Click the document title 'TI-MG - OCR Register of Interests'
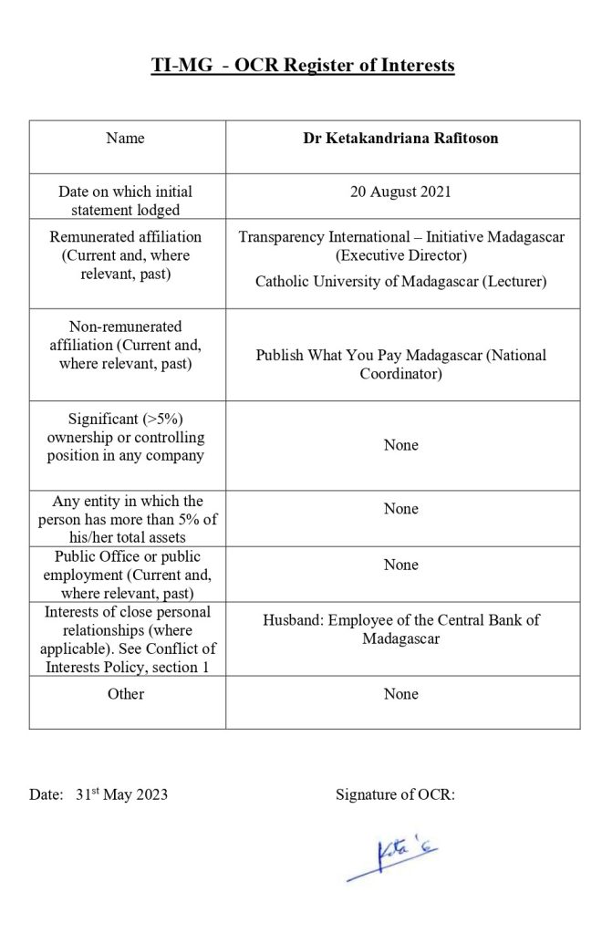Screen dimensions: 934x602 coord(302,66)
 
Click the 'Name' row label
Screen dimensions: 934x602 coord(125,139)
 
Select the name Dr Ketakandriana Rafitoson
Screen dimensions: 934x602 coord(401,139)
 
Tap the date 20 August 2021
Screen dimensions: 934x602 coord(400,192)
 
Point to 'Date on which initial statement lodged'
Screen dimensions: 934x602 coord(126,201)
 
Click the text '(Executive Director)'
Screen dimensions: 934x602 coord(401,254)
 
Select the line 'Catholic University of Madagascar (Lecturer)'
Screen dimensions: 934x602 coord(401,282)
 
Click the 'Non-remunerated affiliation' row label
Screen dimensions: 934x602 coord(125,344)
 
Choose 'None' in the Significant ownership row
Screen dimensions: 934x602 coord(401,445)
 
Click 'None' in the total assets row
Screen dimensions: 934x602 coord(401,509)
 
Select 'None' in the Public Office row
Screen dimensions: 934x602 coord(401,565)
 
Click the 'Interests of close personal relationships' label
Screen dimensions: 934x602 coord(127,638)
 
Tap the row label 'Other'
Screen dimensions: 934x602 coord(125,694)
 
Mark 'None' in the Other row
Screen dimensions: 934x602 coord(401,694)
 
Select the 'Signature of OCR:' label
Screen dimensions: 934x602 coord(395,794)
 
